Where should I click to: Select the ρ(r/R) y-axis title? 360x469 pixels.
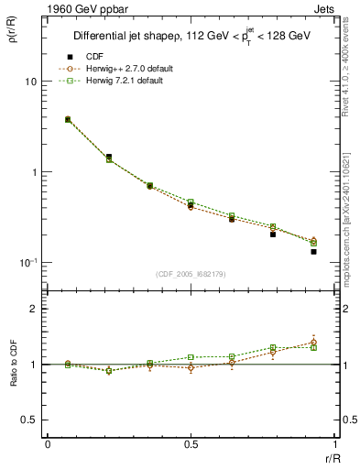point(12,37)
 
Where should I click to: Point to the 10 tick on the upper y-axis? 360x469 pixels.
point(30,82)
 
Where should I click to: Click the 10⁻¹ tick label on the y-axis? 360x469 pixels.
point(27,262)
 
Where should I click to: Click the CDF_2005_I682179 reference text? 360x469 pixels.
point(191,275)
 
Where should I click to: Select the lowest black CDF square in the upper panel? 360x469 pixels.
point(313,251)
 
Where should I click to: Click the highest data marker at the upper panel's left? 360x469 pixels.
point(68,119)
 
